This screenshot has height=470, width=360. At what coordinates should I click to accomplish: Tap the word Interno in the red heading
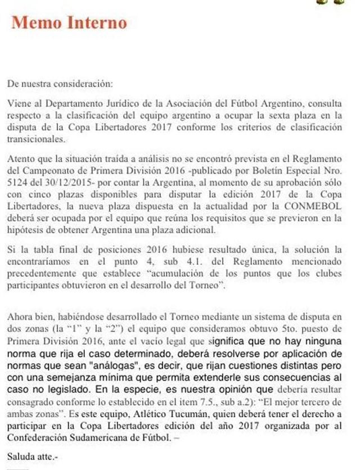(95, 22)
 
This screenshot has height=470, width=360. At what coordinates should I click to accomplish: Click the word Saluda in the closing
(21, 454)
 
